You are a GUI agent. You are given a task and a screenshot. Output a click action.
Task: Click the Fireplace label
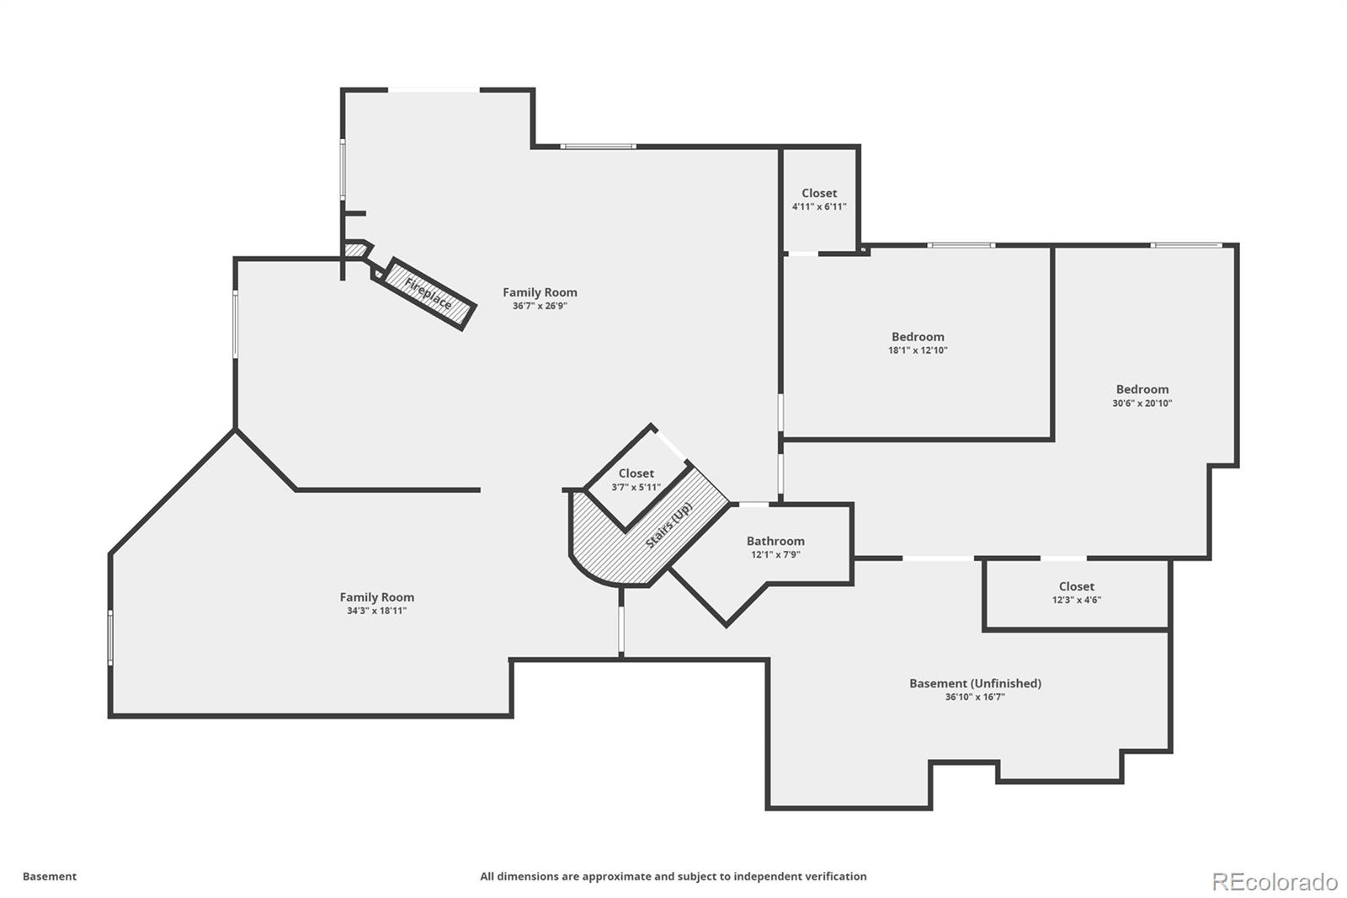point(429,292)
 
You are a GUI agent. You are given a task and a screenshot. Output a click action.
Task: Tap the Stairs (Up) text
point(669,525)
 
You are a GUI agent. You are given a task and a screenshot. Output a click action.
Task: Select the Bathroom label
point(775,541)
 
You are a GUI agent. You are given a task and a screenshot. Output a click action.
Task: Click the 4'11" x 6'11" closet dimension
point(819,206)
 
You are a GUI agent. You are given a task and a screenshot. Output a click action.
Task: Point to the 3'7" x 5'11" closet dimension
point(636,487)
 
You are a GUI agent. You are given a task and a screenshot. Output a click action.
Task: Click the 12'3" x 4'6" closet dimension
point(1076,600)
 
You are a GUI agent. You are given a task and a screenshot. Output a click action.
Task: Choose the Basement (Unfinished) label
point(975,683)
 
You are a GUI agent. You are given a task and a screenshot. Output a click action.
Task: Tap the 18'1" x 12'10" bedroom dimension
point(918,350)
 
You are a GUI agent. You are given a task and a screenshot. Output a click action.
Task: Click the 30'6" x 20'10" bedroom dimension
point(1142,403)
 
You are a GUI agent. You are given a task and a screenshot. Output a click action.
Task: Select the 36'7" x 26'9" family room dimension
point(540,306)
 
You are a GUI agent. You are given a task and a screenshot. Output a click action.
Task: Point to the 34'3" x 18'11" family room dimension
point(376,611)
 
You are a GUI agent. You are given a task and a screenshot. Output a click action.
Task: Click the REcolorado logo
point(1274,882)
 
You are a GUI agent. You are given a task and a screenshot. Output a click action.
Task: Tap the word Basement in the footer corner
point(50,876)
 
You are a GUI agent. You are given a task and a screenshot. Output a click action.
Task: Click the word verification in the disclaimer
point(833,876)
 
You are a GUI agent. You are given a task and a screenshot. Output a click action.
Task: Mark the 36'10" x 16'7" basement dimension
point(975,697)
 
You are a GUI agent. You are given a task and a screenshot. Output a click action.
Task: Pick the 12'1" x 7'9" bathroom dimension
point(775,554)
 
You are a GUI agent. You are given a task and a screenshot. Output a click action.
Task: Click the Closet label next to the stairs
point(636,473)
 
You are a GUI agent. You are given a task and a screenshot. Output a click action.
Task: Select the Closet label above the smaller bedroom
point(819,193)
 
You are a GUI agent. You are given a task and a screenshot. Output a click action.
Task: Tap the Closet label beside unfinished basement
point(1076,586)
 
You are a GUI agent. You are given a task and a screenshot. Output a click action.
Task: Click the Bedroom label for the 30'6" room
point(1142,389)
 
